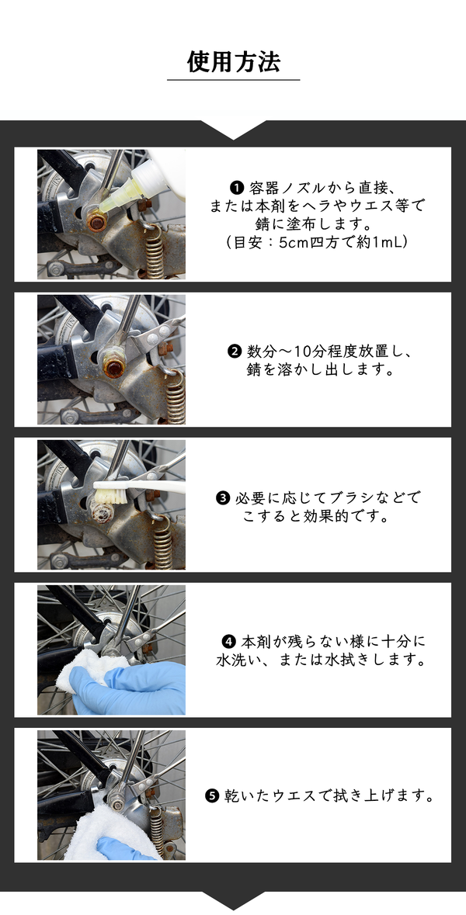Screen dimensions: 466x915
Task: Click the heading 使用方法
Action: [x=234, y=62]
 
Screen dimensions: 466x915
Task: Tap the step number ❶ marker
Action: [x=237, y=188]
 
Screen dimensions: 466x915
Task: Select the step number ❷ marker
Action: [x=235, y=352]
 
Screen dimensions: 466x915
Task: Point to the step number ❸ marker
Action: [x=222, y=498]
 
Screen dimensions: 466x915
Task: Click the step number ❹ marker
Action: [x=229, y=642]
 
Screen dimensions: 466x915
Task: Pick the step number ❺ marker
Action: [x=211, y=796]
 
